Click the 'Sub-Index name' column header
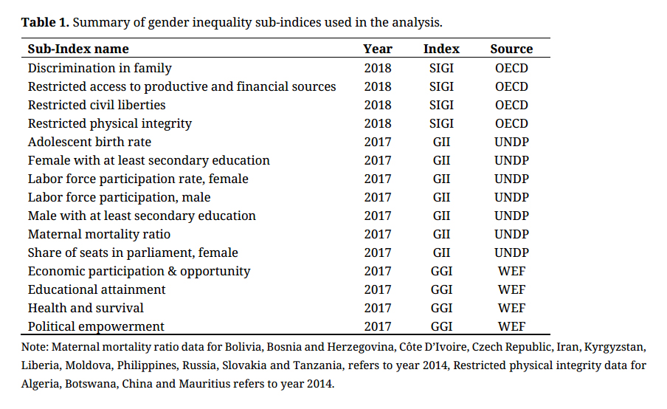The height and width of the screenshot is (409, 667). point(78,49)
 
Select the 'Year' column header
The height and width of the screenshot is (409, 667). point(378,49)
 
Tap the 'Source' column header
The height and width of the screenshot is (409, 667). point(511,49)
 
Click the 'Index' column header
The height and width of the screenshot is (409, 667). point(441,49)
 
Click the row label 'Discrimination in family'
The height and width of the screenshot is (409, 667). point(100,68)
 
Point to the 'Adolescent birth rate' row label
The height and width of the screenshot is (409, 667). point(89,142)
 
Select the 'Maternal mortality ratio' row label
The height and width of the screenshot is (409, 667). point(99,234)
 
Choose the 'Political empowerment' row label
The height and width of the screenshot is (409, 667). point(96,326)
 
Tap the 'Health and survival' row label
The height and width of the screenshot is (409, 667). point(86,308)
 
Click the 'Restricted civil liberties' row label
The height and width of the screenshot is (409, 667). point(97,105)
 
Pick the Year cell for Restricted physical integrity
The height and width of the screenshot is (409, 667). point(378,123)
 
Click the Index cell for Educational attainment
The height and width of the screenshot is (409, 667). point(441,289)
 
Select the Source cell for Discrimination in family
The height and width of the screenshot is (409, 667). point(511,68)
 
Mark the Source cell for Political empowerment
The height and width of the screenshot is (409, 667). point(511,326)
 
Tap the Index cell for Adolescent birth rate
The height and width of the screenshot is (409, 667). point(441,142)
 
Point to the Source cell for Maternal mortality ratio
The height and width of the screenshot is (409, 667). point(511,234)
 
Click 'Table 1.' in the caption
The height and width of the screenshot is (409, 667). point(45,22)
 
